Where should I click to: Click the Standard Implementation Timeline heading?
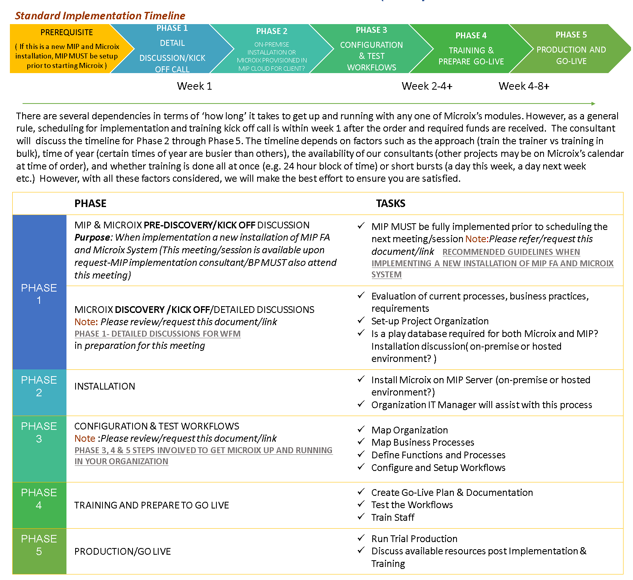[100, 16]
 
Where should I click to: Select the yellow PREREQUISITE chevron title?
[66, 32]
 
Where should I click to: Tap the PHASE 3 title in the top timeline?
[371, 30]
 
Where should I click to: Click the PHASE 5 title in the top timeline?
[571, 35]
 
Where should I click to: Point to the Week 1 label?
[194, 86]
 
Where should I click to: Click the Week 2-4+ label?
[427, 86]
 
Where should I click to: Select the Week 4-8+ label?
[524, 86]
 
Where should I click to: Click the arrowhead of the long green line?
[593, 104]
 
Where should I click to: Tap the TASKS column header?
[390, 203]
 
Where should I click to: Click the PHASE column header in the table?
[90, 203]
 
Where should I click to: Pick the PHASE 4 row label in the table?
[39, 499]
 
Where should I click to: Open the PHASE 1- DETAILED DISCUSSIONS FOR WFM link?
[157, 334]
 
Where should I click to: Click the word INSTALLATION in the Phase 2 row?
[105, 386]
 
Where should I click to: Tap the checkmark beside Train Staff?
[361, 517]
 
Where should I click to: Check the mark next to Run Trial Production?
[361, 538]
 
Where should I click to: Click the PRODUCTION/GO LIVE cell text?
[123, 552]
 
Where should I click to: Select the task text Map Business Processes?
[423, 443]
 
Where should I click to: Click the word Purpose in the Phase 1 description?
[92, 237]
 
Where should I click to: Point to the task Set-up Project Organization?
[430, 321]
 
